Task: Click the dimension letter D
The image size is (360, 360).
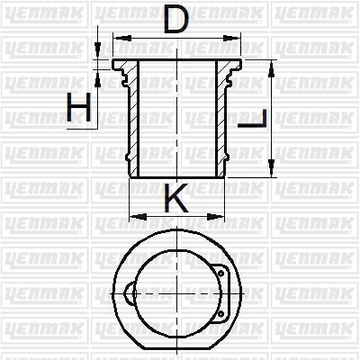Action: click(x=176, y=20)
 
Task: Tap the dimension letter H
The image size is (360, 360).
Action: click(x=78, y=107)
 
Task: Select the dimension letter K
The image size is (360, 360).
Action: click(x=176, y=197)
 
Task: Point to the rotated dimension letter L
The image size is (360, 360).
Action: click(x=253, y=119)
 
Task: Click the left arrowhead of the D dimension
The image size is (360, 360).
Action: click(x=122, y=38)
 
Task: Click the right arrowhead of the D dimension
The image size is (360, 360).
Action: click(x=231, y=38)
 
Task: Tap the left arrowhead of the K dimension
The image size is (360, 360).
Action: click(x=139, y=216)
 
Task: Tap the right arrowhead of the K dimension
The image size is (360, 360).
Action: click(x=216, y=216)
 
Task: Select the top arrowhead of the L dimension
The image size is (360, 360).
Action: click(x=272, y=68)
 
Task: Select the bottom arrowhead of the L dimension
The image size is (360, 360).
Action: click(x=272, y=168)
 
